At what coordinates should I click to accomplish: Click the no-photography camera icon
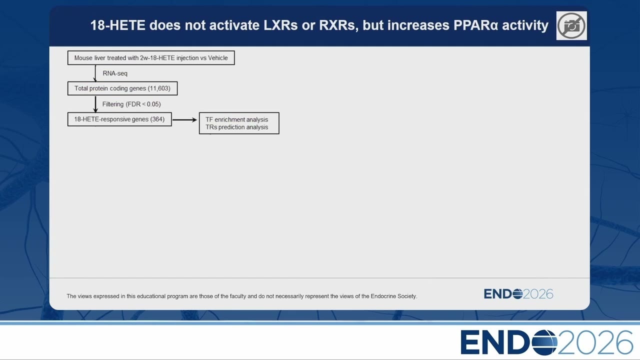[571, 25]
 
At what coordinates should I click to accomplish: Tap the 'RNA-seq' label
[115, 73]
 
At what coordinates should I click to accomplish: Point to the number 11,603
[159, 88]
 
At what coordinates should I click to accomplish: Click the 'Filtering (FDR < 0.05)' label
[131, 104]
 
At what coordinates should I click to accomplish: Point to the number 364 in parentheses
[157, 119]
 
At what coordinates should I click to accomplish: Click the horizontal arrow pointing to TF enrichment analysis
[185, 119]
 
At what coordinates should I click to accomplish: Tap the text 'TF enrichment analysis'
[236, 119]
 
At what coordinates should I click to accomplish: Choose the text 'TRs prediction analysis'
[236, 127]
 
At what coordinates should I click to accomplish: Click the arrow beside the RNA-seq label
[95, 73]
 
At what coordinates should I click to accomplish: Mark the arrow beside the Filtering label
[95, 104]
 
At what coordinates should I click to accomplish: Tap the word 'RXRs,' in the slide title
[338, 25]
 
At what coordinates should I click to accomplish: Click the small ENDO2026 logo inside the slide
[518, 294]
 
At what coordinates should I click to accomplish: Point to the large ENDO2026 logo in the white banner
[547, 342]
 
